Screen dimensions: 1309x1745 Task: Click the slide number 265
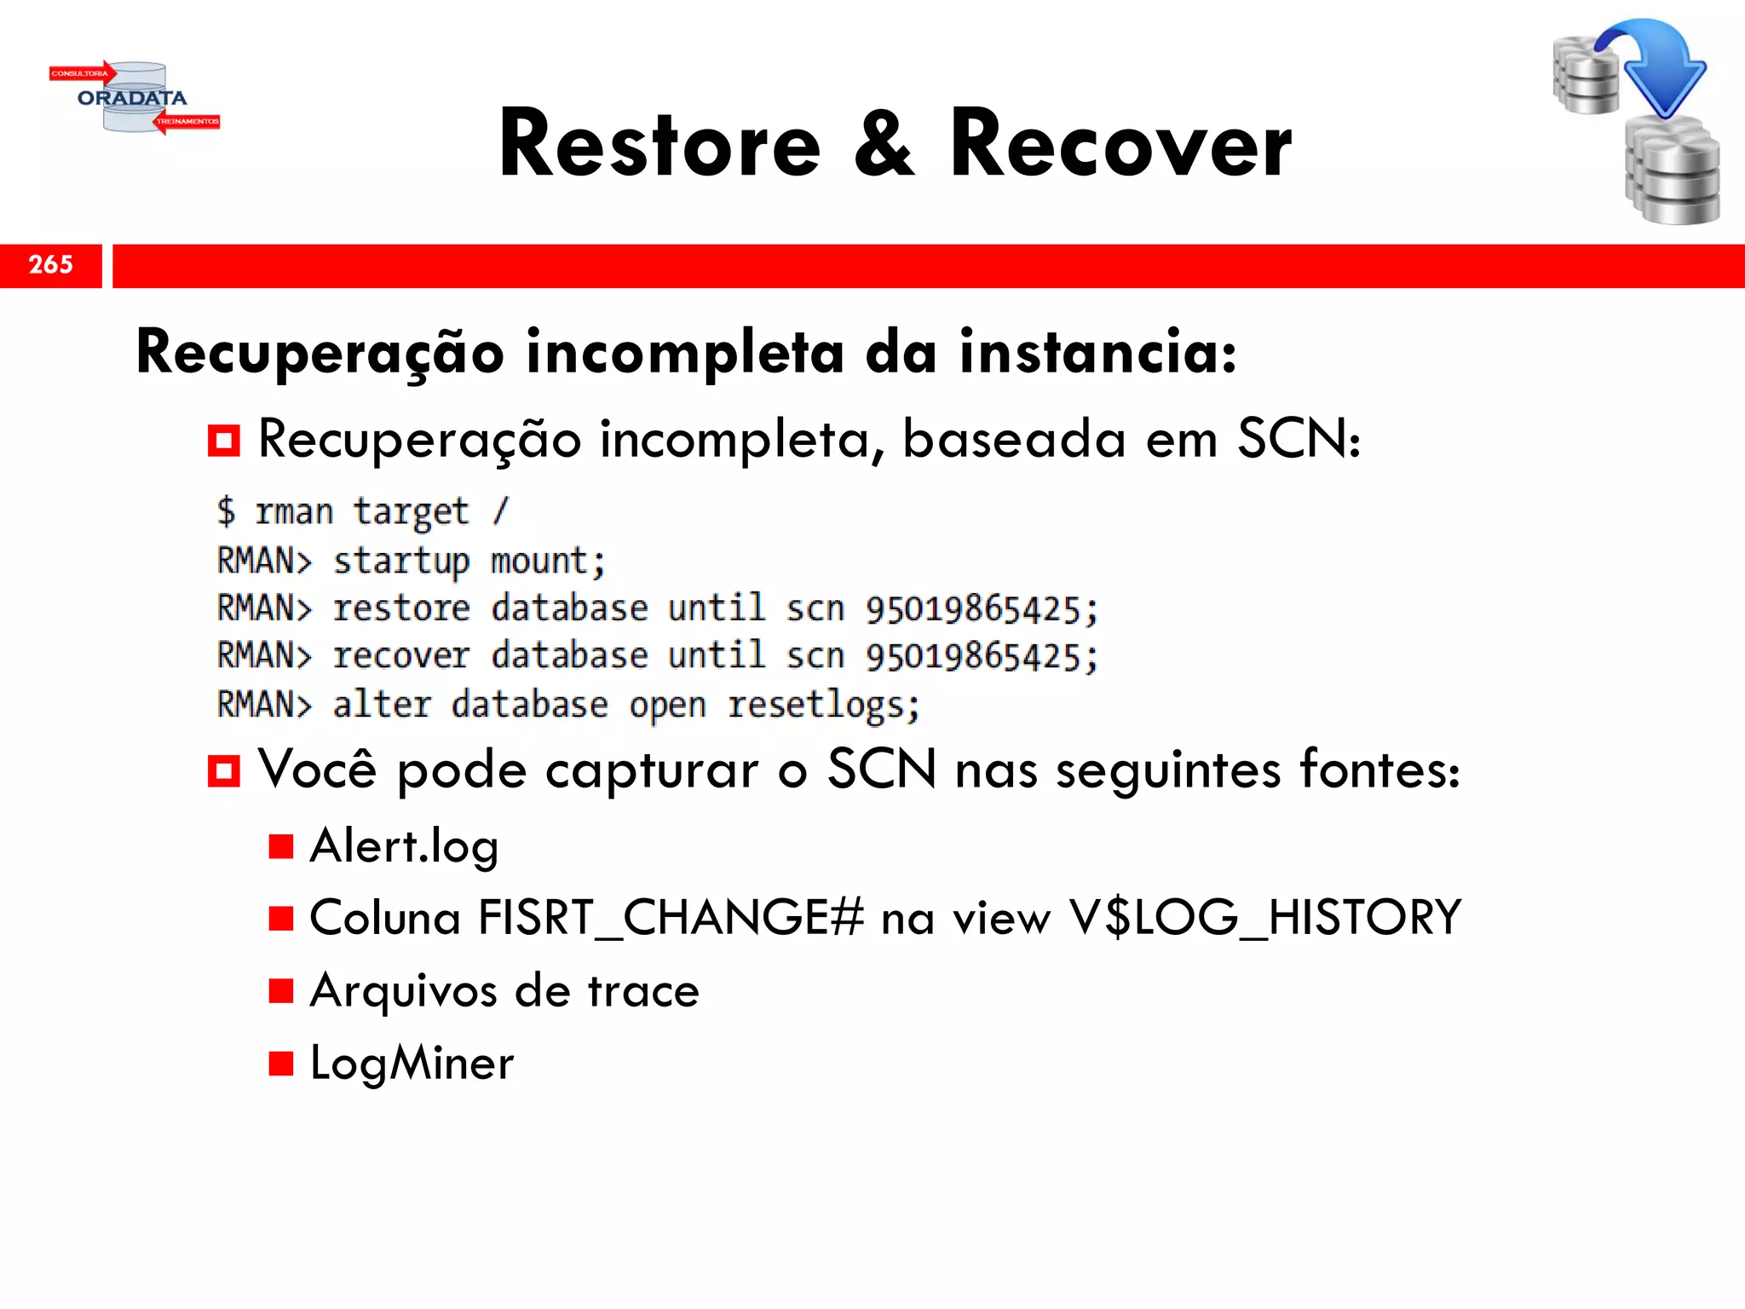click(51, 264)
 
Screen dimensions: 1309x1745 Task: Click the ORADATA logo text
click(132, 98)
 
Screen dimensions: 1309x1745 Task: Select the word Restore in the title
click(660, 145)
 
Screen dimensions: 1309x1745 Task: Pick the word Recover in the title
click(1120, 145)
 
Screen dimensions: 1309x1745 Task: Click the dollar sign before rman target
click(226, 511)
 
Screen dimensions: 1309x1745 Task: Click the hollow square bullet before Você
click(223, 771)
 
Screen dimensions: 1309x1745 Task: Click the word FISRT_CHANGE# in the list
click(671, 918)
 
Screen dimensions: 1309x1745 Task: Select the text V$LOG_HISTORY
click(1265, 918)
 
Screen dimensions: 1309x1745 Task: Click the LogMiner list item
click(412, 1063)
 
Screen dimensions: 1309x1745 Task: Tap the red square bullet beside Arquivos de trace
click(281, 990)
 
